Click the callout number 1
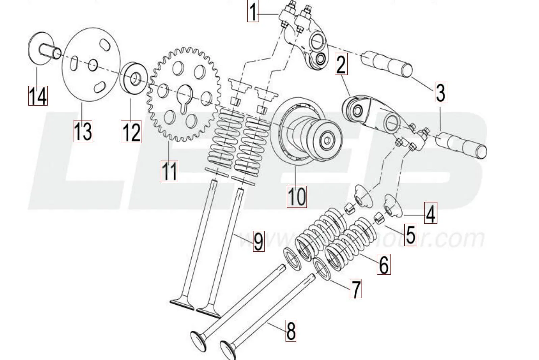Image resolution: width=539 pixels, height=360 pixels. [253, 11]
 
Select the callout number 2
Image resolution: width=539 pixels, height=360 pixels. [341, 65]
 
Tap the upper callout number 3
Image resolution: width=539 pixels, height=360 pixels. [440, 92]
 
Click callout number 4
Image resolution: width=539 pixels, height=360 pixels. [430, 213]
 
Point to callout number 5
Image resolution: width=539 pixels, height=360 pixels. [410, 234]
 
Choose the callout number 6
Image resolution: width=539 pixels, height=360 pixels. [384, 264]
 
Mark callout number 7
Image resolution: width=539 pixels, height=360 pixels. [355, 288]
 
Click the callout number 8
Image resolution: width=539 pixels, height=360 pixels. [291, 331]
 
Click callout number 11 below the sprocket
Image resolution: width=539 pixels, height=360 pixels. [169, 171]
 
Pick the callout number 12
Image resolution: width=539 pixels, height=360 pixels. [131, 132]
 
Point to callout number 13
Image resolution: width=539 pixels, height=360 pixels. [83, 131]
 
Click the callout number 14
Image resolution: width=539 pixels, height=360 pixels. [37, 95]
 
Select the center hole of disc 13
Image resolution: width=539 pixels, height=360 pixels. [93, 65]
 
